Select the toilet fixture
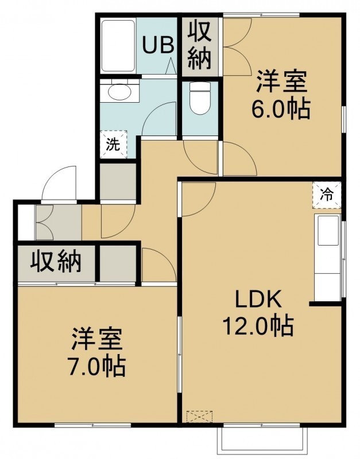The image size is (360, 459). click(200, 98)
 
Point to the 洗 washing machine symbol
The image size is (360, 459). click(113, 145)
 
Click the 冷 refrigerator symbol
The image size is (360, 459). click(327, 195)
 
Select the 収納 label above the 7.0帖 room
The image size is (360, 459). click(56, 261)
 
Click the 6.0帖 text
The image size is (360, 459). click(281, 110)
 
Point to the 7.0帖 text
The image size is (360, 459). click(97, 366)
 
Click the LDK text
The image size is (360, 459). click(258, 299)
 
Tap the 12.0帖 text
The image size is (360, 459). click(258, 325)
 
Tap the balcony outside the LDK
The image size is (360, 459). click(262, 438)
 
